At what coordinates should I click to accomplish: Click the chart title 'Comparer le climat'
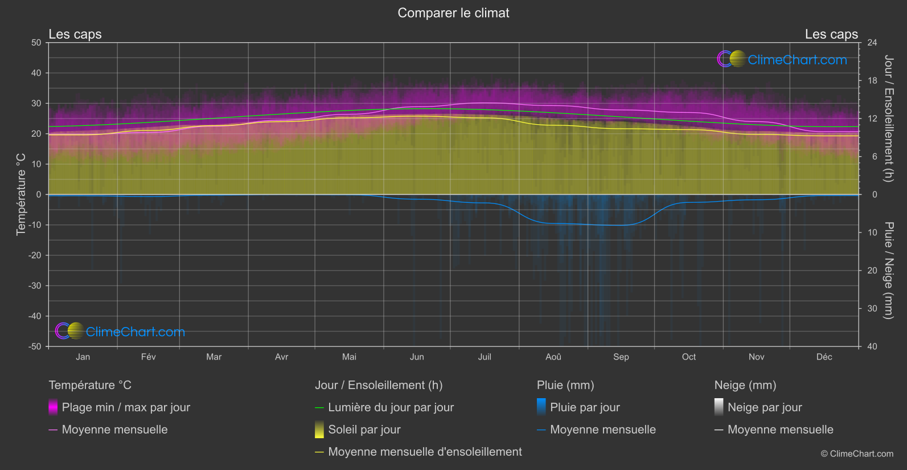tap(453, 13)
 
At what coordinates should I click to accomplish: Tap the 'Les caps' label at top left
tap(75, 34)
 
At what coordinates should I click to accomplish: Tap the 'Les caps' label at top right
tap(831, 34)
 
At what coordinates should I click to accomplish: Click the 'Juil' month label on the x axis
tap(485, 357)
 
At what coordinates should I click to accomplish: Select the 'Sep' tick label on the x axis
tap(621, 357)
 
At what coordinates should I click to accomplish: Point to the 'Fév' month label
tap(148, 357)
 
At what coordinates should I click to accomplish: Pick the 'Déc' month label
tap(824, 357)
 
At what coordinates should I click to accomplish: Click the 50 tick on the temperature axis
tap(36, 43)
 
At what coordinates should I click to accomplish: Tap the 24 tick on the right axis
tap(872, 43)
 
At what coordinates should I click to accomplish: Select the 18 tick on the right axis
tap(872, 81)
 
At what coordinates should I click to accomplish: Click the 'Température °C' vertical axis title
tap(21, 194)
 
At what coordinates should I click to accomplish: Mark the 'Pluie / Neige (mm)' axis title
tap(888, 271)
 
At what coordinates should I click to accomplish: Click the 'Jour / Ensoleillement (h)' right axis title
tap(888, 118)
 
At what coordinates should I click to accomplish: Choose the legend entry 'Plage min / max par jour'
tap(126, 407)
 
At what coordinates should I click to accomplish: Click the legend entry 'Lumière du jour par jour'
tap(391, 407)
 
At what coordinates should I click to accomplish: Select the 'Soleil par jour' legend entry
tap(364, 430)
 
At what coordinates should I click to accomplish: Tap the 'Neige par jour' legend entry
tap(764, 407)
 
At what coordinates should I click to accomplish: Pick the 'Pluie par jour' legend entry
tap(585, 407)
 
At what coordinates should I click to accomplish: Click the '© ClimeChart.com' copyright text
tap(857, 454)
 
